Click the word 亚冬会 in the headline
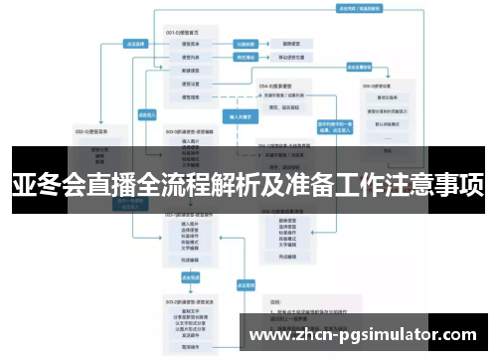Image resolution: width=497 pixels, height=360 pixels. point(42,185)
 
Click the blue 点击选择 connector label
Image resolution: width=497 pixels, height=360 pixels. point(135,44)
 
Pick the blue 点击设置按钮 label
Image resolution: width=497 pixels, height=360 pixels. point(359,68)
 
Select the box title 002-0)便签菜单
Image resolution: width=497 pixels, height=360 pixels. point(93,130)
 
